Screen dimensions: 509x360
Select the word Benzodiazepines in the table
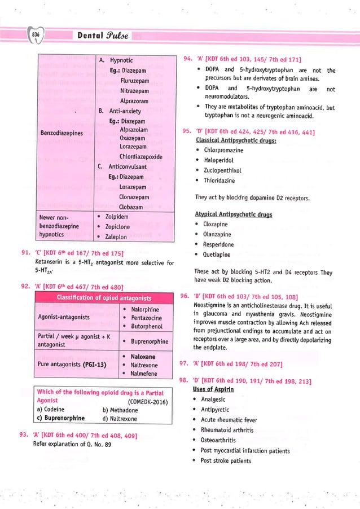coord(62,133)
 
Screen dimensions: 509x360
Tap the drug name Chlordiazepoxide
coord(141,157)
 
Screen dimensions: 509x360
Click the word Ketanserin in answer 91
coord(51,263)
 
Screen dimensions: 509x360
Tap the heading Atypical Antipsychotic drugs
coord(234,214)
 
